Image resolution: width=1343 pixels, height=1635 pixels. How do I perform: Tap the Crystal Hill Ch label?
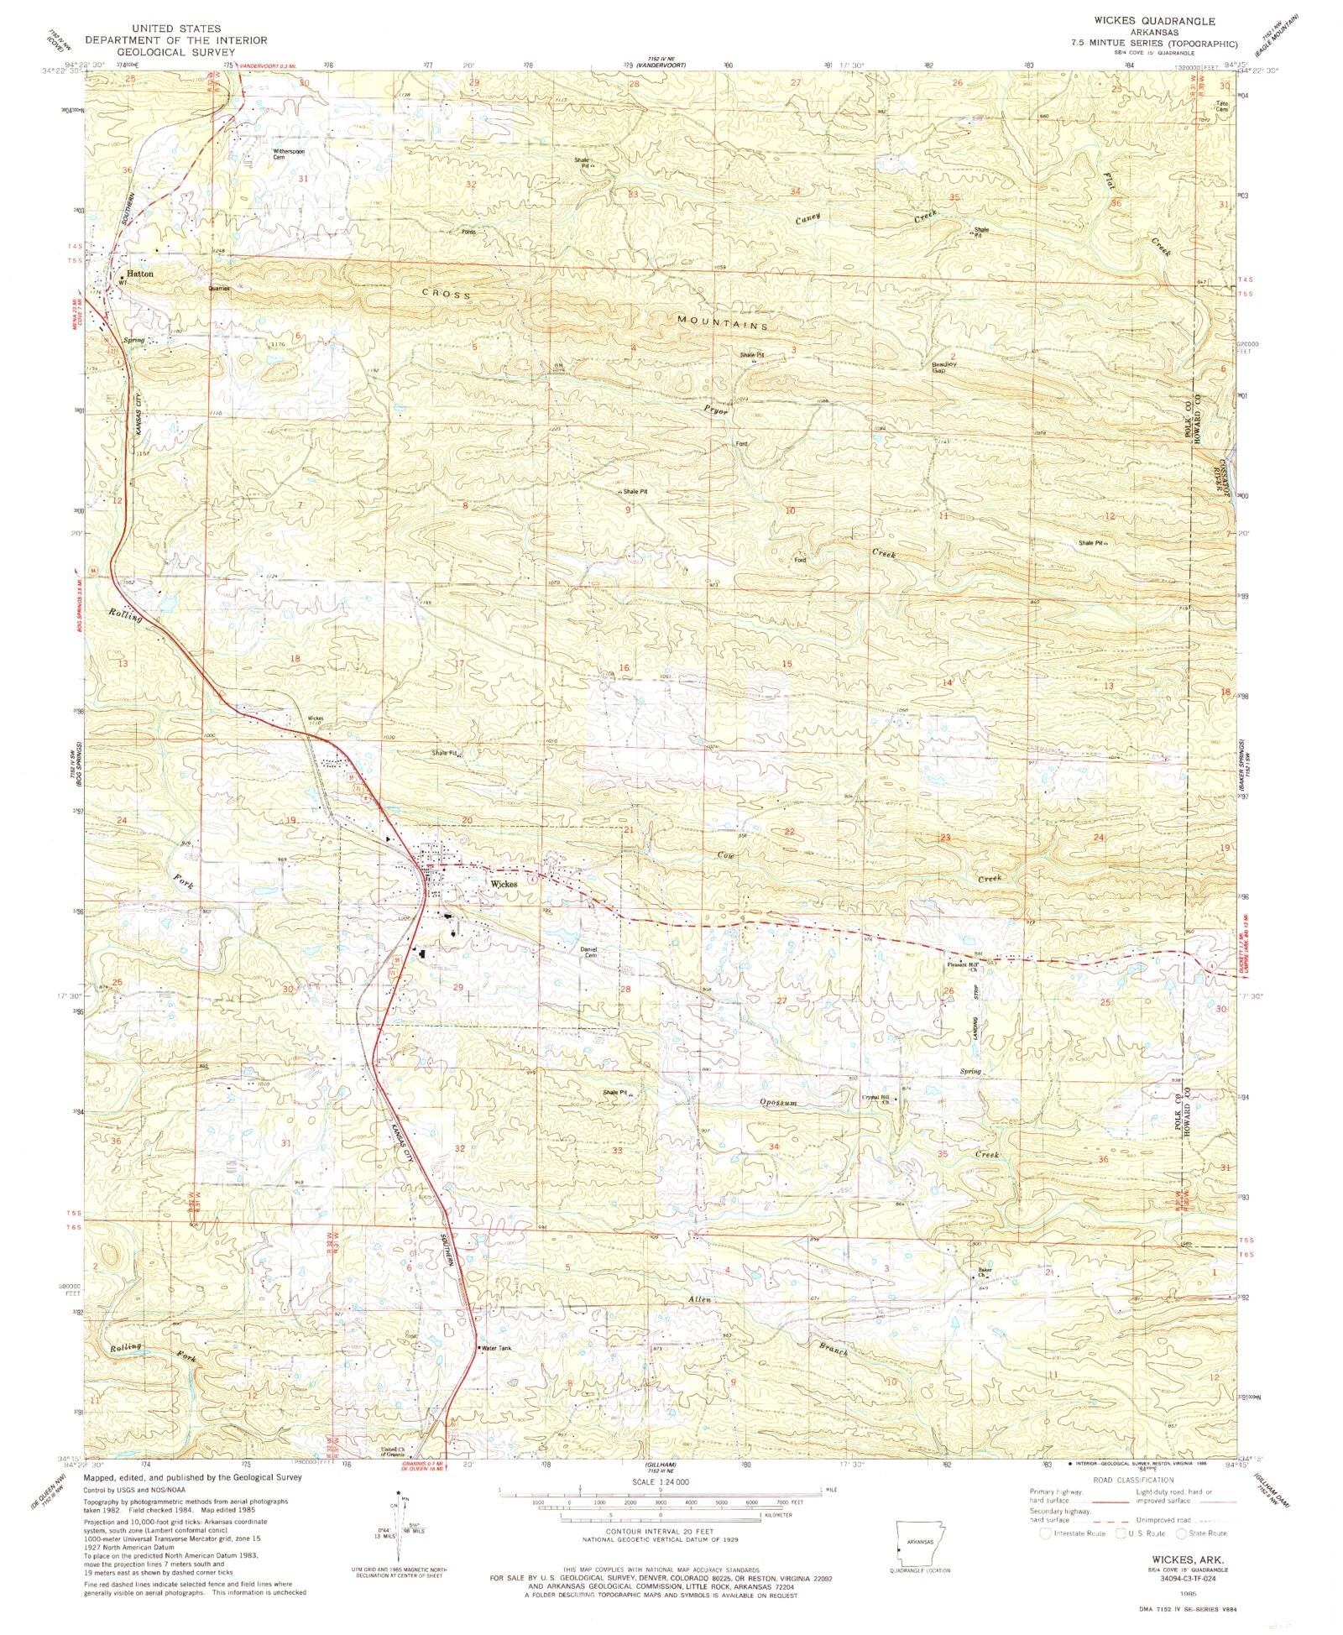[x=874, y=1099]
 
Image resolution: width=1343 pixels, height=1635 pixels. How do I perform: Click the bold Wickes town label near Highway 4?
[x=504, y=884]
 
